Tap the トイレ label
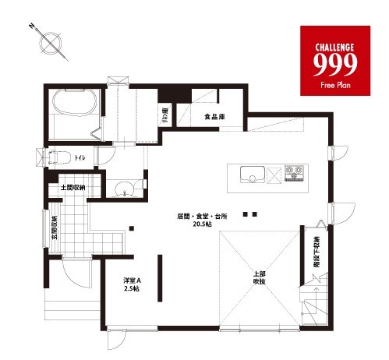point(80,159)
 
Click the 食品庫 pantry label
point(215,117)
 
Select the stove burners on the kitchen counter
point(296,173)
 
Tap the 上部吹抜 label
point(260,277)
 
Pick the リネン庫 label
point(166,117)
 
